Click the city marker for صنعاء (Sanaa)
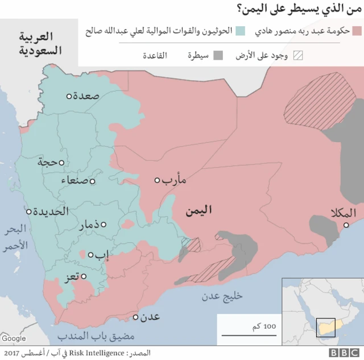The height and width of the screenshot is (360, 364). pyautogui.click(x=92, y=182)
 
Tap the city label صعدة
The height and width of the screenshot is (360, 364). pyautogui.click(x=86, y=96)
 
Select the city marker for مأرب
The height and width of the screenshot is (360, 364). pyautogui.click(x=158, y=180)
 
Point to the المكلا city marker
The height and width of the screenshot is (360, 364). pyautogui.click(x=345, y=226)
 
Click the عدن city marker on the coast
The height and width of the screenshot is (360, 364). pyautogui.click(x=135, y=317)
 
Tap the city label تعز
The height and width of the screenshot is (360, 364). pyautogui.click(x=71, y=278)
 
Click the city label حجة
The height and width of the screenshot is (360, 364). pyautogui.click(x=48, y=162)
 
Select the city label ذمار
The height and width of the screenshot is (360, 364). pyautogui.click(x=92, y=225)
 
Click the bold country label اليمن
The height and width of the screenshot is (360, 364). pyautogui.click(x=198, y=210)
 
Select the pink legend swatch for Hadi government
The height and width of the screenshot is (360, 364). pyautogui.click(x=357, y=31)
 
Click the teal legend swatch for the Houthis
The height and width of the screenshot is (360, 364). pyautogui.click(x=241, y=31)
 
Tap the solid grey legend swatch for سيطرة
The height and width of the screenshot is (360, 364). pyautogui.click(x=220, y=56)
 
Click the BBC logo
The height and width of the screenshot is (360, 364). pyautogui.click(x=343, y=353)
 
